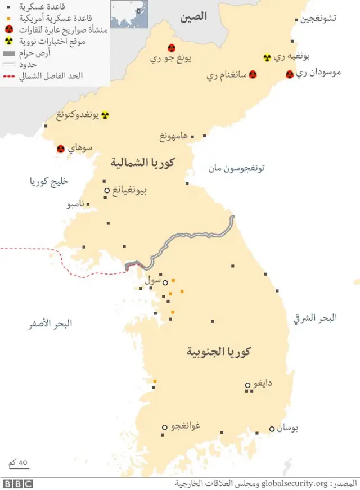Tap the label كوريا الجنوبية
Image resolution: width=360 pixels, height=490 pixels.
(219, 352)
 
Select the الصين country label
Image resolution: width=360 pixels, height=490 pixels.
(193, 17)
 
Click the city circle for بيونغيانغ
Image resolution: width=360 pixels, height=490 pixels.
(107, 191)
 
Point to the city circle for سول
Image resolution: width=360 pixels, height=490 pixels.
(165, 282)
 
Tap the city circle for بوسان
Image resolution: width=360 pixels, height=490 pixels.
(272, 429)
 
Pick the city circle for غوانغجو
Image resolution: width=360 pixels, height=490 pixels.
(165, 427)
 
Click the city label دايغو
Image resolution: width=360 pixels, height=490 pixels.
(263, 383)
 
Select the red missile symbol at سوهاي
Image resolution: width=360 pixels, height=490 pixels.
(61, 149)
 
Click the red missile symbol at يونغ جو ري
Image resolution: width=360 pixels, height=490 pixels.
(172, 48)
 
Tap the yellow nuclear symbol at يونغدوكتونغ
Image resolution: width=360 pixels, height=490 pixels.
(105, 115)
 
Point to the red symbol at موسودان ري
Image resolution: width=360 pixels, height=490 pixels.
(290, 74)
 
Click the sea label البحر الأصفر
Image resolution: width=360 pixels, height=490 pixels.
(51, 323)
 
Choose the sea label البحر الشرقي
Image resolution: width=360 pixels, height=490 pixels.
(316, 318)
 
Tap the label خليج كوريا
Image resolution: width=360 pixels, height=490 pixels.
(49, 181)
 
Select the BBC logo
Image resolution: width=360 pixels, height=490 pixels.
(17, 484)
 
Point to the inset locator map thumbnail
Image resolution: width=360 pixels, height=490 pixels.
(129, 14)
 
